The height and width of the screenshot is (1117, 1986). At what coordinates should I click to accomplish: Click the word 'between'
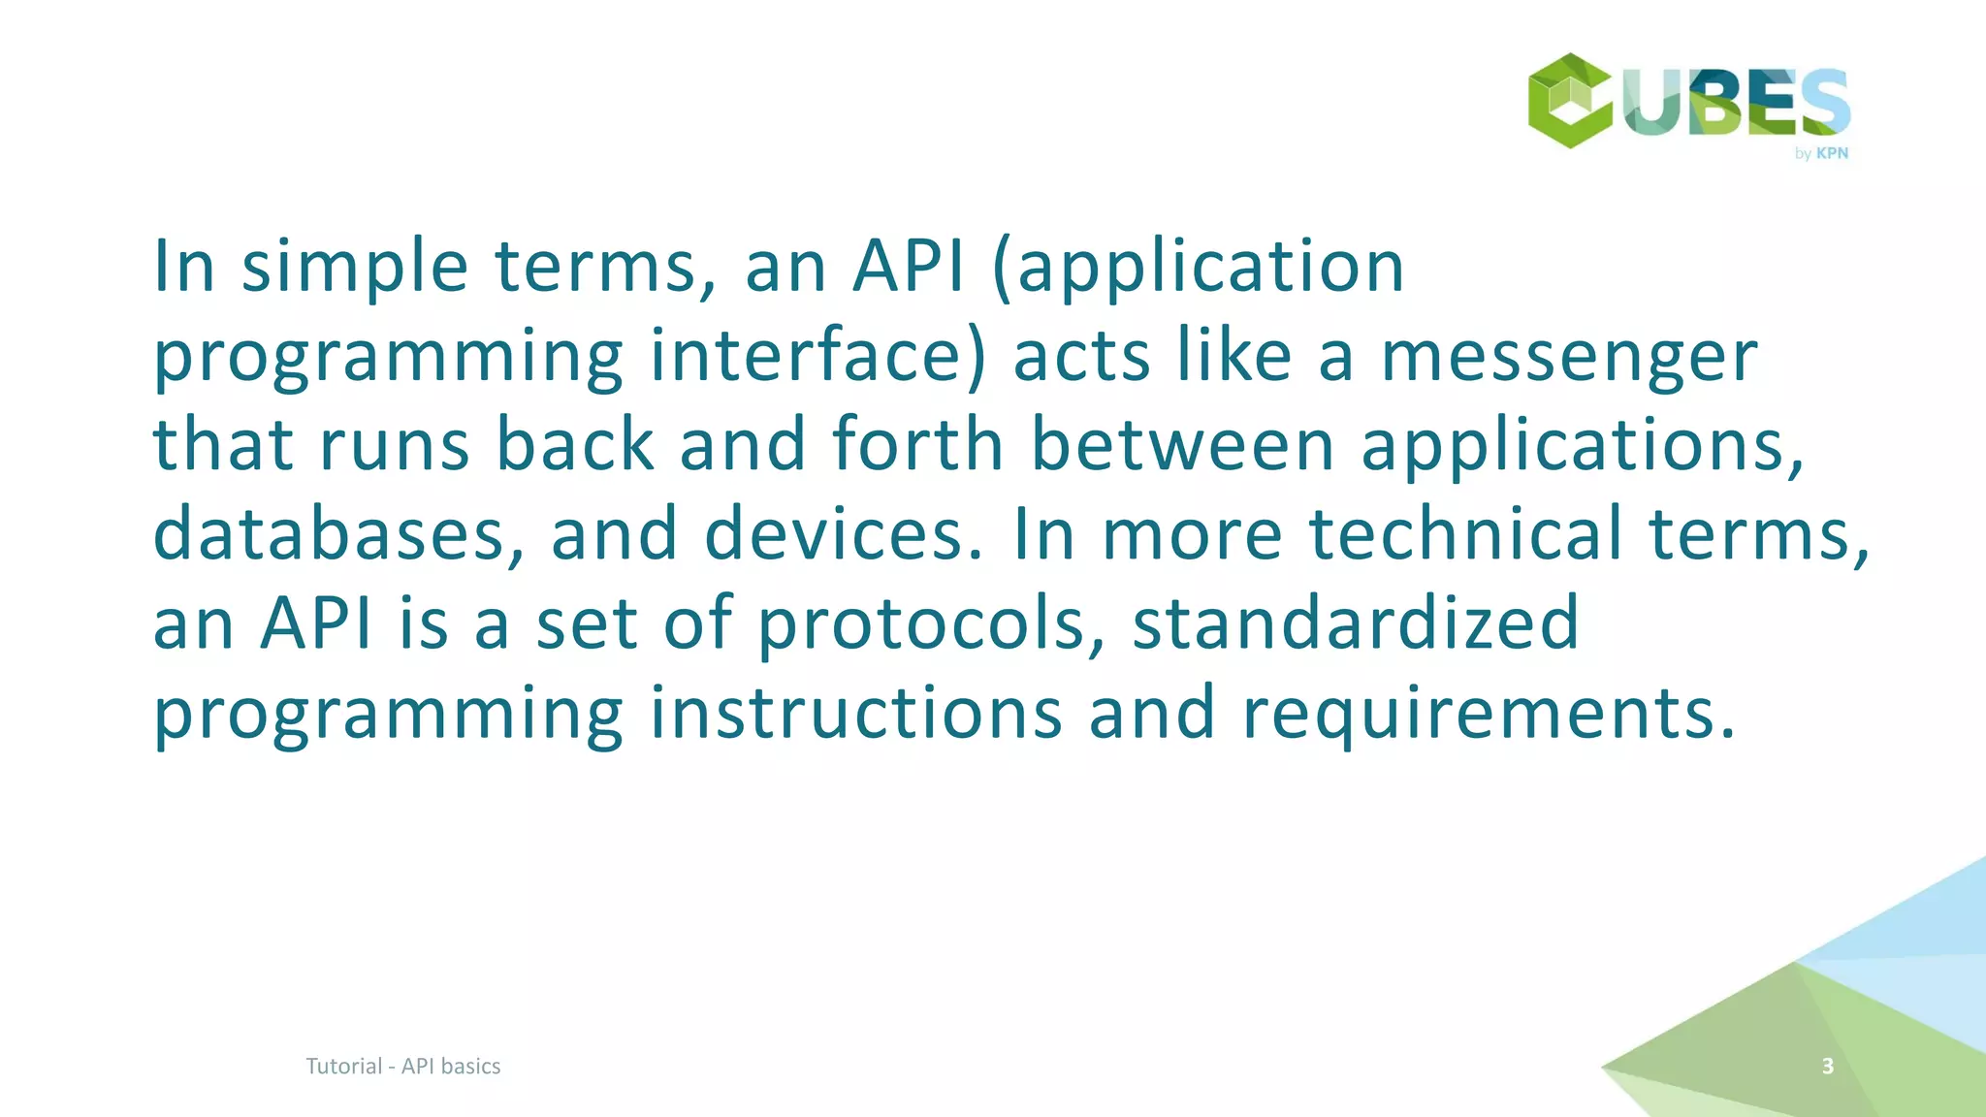tap(1182, 445)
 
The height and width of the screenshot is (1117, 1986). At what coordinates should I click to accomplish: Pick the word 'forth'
tap(917, 445)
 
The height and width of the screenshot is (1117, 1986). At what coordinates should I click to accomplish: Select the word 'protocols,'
tap(931, 623)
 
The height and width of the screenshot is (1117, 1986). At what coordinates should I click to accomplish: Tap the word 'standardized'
tap(1356, 623)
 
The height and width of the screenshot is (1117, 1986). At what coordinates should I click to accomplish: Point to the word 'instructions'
tap(855, 713)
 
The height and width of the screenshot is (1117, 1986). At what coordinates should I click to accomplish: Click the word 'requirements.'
tap(1489, 713)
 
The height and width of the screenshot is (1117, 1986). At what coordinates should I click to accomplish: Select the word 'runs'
tap(395, 445)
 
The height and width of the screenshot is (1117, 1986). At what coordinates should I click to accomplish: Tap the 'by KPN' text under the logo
tap(1821, 153)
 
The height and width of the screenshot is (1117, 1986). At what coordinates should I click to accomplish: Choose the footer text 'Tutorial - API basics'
tap(403, 1067)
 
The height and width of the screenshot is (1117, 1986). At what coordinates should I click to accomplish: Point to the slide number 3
tap(1828, 1067)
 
